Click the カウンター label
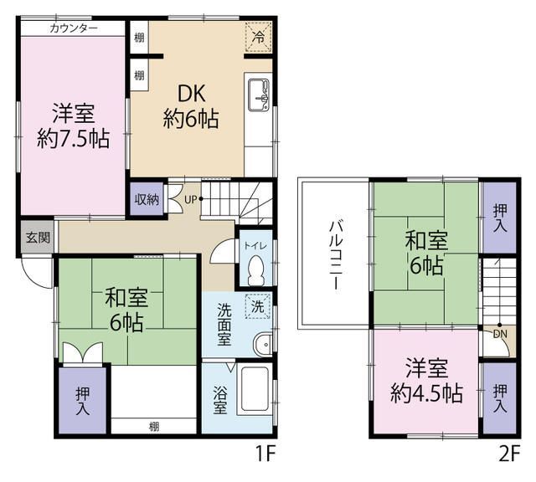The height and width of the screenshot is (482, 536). [74, 28]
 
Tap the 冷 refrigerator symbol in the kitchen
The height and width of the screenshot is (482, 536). [259, 37]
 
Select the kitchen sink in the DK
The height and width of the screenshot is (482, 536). [259, 95]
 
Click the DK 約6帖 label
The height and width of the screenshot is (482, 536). [191, 106]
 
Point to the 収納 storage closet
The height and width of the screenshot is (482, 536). [147, 199]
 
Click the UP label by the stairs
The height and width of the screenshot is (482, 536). [190, 199]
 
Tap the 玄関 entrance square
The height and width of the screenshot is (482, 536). [38, 237]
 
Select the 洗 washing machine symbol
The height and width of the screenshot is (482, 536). [258, 305]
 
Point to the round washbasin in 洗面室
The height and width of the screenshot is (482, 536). [263, 345]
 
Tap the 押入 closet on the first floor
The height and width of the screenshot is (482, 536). [82, 400]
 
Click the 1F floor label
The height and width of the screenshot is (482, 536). [265, 454]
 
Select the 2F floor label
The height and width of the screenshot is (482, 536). [509, 454]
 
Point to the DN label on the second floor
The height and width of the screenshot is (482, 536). [501, 334]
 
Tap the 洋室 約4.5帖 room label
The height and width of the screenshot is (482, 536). [426, 381]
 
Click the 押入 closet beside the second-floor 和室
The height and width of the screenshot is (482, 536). [499, 218]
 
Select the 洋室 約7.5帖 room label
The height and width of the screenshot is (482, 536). [73, 126]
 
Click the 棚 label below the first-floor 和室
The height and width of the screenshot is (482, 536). [154, 426]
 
